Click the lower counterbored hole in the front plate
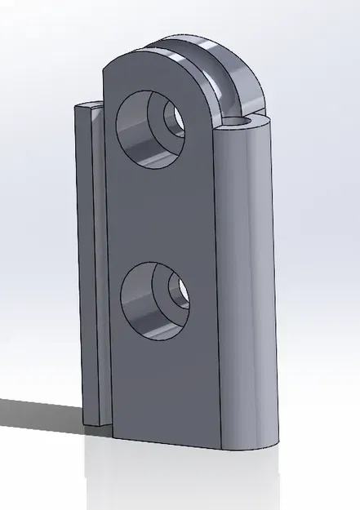click(156, 300)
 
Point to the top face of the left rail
click(89, 106)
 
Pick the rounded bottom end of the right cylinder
click(253, 445)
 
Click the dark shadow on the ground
click(41, 413)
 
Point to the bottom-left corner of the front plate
click(112, 437)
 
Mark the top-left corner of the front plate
click(104, 69)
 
